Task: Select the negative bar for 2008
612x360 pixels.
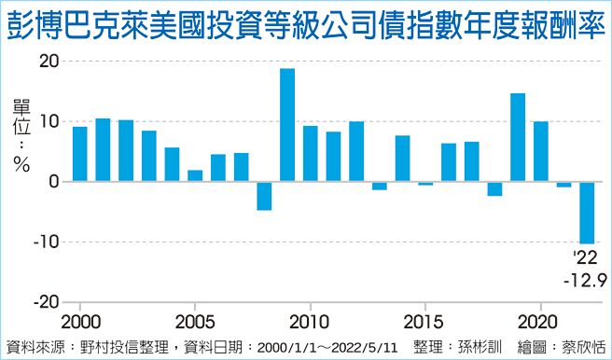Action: [264, 196]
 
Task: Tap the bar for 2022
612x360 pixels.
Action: [587, 212]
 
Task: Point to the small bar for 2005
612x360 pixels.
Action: [195, 176]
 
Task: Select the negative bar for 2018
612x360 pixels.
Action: [494, 188]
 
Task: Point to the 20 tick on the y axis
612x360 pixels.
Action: [49, 62]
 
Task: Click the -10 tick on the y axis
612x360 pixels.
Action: [46, 242]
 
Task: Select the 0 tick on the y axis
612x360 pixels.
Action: [54, 182]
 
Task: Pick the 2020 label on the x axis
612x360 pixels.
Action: [540, 319]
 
